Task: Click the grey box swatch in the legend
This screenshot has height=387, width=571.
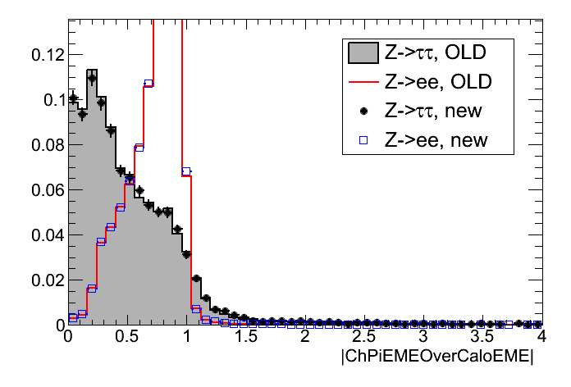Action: [362, 53]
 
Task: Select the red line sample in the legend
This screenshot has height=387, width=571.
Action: [362, 82]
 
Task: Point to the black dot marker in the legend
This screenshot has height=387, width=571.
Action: [362, 111]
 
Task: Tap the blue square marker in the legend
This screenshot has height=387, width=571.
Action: [362, 139]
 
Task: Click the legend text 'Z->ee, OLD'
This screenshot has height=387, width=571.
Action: [435, 82]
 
